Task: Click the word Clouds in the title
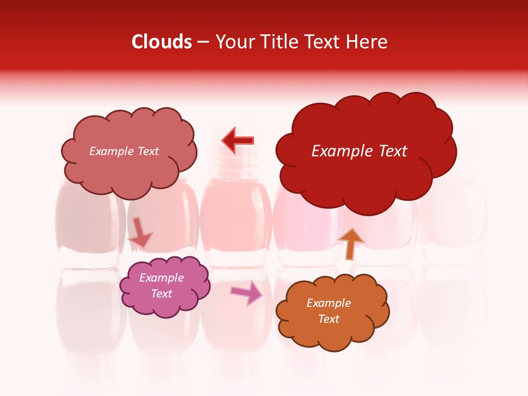(x=162, y=42)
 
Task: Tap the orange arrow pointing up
(x=350, y=244)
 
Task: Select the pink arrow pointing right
(x=246, y=293)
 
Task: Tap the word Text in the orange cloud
(x=328, y=320)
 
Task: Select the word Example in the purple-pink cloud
(x=162, y=278)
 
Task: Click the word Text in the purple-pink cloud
(x=162, y=294)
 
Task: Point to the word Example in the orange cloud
(x=328, y=303)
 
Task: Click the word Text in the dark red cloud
(x=392, y=151)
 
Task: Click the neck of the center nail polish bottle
(x=235, y=165)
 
